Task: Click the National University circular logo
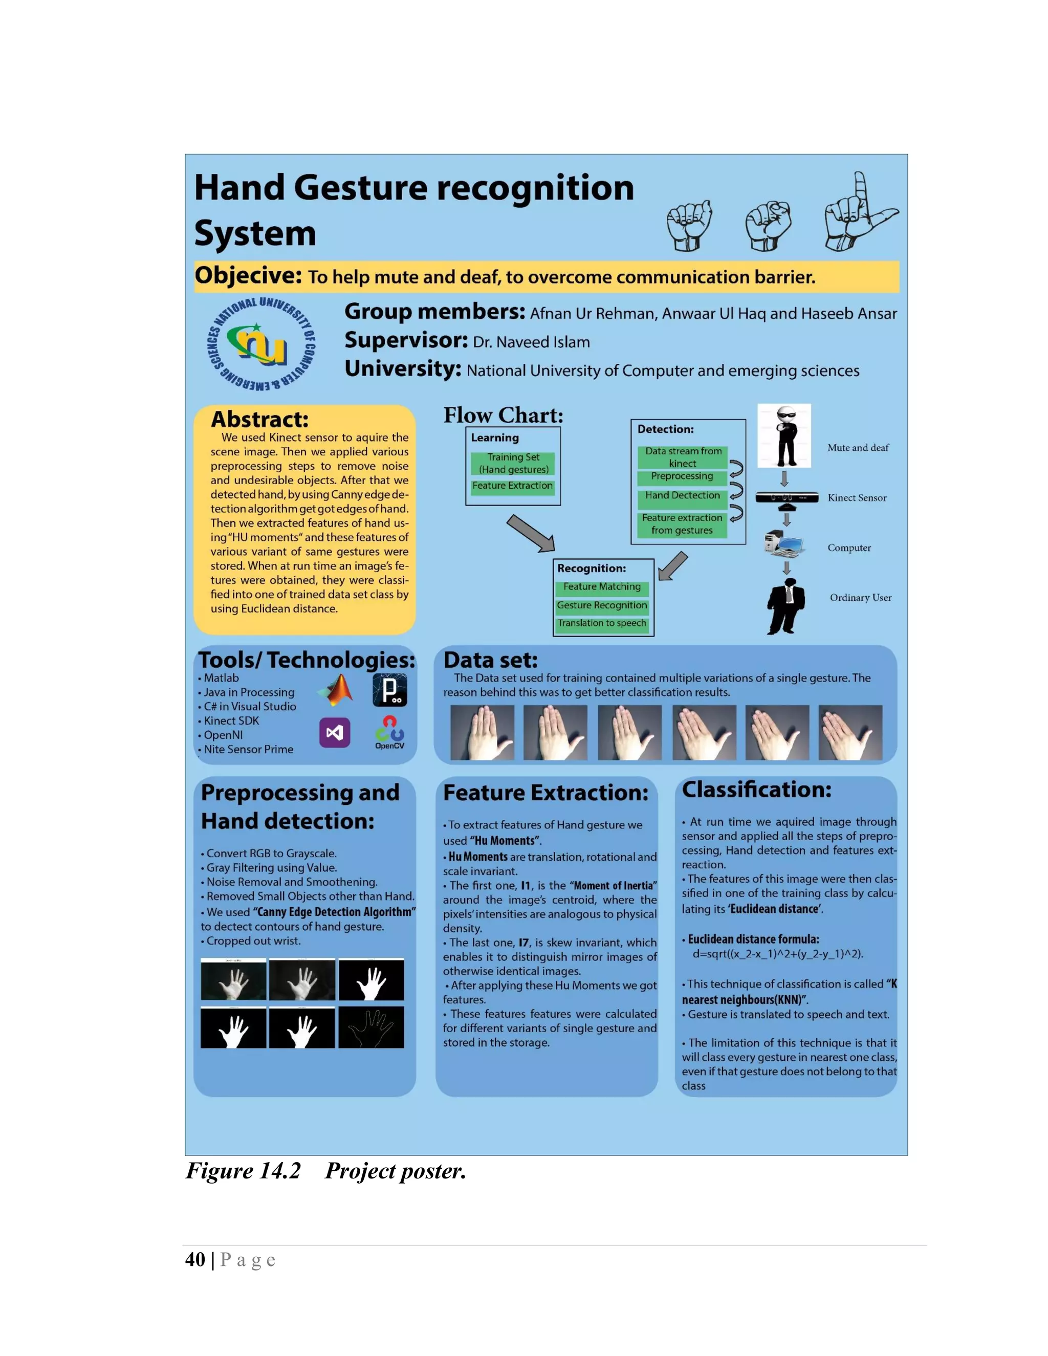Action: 261,344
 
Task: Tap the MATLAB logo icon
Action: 337,690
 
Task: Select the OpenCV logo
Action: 389,732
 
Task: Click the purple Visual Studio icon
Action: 335,733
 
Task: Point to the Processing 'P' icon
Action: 389,690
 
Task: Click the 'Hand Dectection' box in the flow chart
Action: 682,495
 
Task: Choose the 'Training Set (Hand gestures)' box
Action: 513,463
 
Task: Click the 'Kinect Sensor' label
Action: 856,498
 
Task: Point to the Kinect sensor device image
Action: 786,497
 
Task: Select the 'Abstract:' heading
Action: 259,419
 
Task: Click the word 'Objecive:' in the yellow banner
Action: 248,276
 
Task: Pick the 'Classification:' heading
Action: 756,790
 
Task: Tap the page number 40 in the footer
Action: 195,1260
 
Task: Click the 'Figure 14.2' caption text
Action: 244,1171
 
